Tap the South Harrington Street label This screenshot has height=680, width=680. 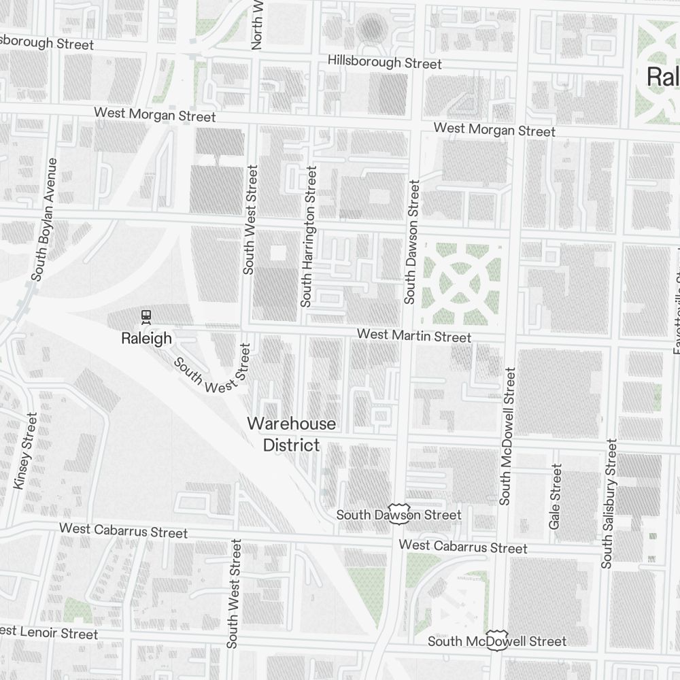click(309, 236)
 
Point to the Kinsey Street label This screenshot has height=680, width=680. click(25, 451)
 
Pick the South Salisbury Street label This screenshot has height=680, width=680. click(609, 503)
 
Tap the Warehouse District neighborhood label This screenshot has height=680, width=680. click(291, 434)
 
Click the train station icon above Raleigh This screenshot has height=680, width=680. click(145, 316)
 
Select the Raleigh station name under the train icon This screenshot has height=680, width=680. click(146, 338)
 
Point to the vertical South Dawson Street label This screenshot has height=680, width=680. click(412, 241)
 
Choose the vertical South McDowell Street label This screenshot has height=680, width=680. click(507, 436)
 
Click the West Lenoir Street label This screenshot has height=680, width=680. click(49, 632)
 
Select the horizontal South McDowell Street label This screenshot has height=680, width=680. click(497, 641)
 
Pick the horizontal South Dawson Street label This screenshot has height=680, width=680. click(399, 515)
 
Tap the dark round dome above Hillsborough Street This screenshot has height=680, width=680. click(371, 28)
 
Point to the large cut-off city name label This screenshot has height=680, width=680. click(662, 76)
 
